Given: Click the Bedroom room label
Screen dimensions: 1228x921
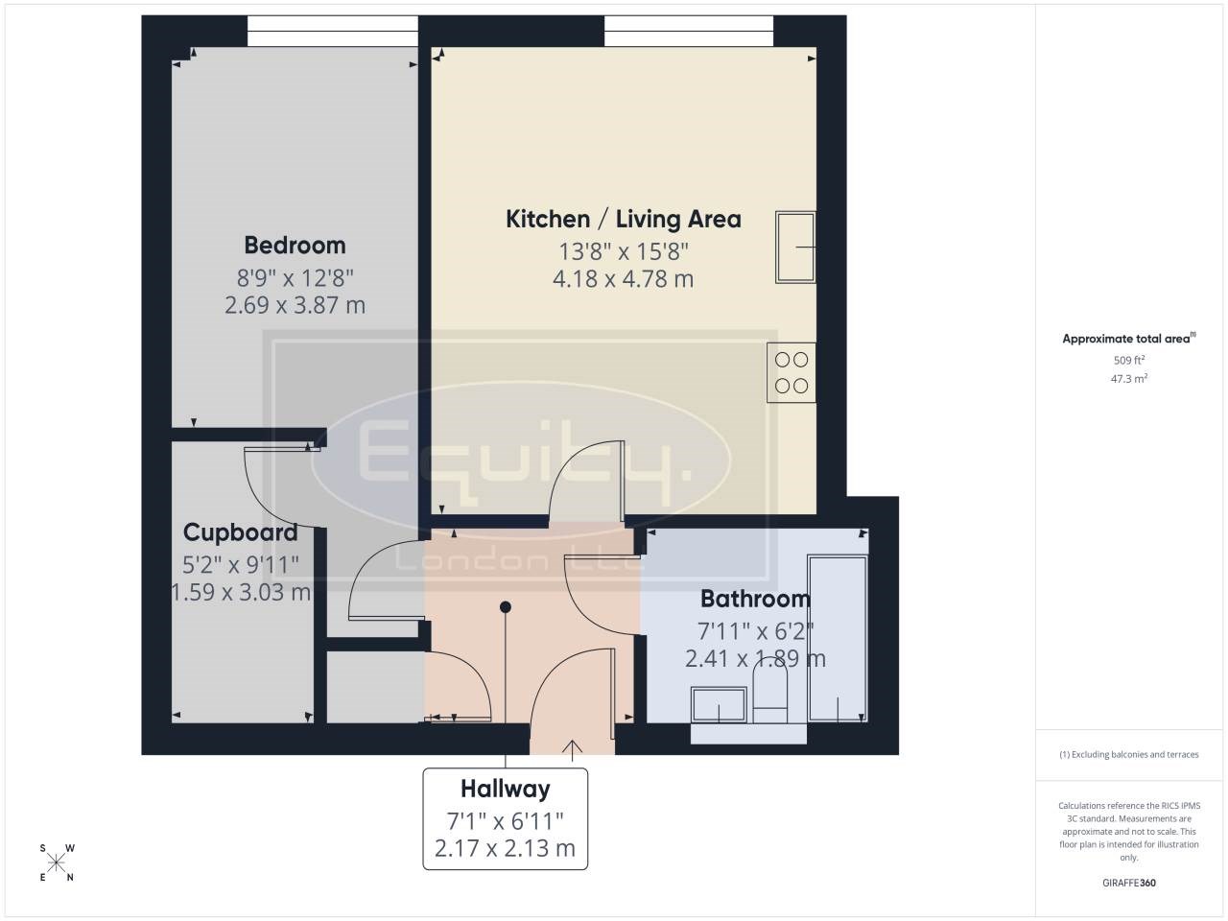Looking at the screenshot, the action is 295,246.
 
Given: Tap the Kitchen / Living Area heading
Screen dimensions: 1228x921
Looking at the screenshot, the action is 624,219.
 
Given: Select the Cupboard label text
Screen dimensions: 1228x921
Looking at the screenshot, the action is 241,532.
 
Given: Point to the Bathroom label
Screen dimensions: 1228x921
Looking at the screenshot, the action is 755,599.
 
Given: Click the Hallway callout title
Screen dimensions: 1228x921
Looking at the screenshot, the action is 506,789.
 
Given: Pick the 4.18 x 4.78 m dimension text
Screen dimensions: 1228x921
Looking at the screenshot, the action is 624,278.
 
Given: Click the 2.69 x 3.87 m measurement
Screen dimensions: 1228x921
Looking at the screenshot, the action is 295,305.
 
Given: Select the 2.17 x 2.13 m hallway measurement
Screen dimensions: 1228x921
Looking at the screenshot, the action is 506,848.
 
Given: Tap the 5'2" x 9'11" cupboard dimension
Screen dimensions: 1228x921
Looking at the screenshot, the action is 241,565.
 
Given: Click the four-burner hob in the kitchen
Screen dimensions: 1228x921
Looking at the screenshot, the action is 791,372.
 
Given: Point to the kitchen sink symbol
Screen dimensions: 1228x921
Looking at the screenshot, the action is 795,247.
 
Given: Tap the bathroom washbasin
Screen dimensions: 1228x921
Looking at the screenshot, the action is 719,704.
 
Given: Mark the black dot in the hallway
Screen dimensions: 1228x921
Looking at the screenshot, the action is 506,606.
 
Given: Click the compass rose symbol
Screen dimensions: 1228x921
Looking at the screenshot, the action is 56,862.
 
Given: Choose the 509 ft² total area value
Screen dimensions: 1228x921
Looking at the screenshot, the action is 1129,360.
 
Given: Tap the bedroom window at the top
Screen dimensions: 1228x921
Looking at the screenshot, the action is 333,31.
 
